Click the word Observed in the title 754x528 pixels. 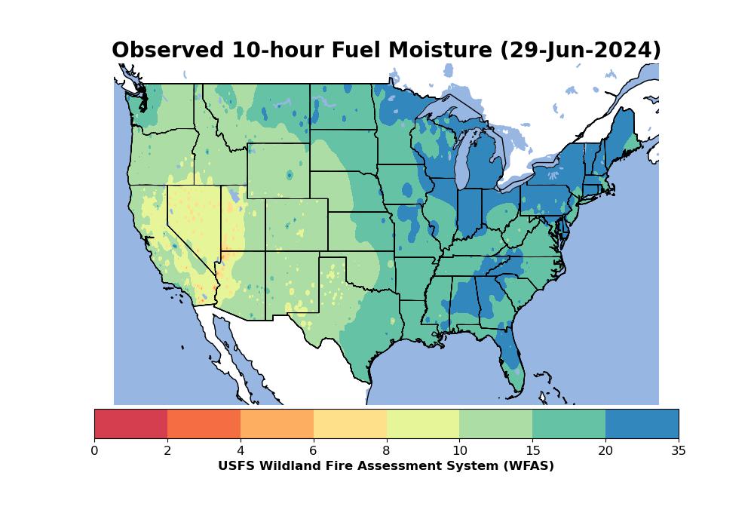(168, 50)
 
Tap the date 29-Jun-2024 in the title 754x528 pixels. (581, 51)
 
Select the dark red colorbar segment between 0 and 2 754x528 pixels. (130, 424)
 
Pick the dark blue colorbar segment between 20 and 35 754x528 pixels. (642, 424)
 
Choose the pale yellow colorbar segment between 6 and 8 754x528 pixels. (350, 424)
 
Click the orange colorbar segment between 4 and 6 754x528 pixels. (277, 424)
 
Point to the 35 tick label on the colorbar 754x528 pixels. (679, 450)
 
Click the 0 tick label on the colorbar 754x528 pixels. (94, 450)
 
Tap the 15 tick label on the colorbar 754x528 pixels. (532, 450)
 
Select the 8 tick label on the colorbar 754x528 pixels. (386, 450)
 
